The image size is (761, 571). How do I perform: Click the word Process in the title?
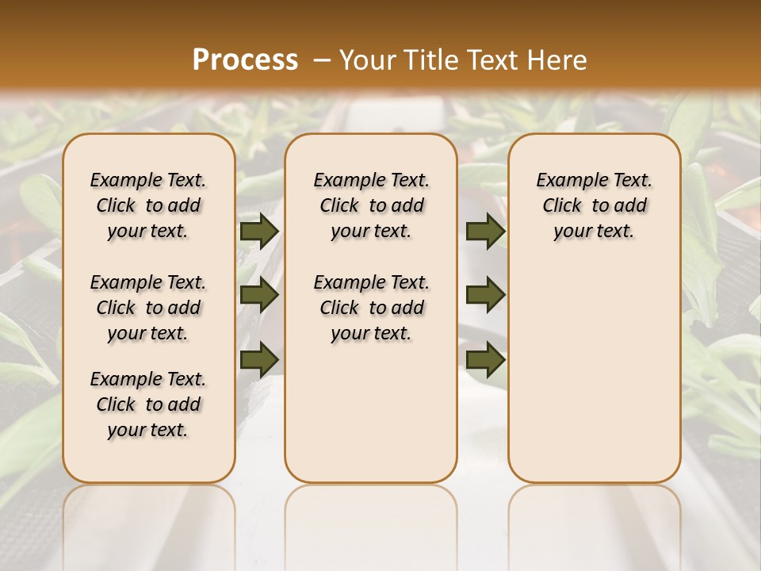(245, 59)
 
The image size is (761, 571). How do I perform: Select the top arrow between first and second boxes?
(258, 232)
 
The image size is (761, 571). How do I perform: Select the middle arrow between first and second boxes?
(258, 296)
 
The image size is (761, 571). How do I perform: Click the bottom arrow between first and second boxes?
(258, 359)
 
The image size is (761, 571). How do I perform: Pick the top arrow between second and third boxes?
(485, 232)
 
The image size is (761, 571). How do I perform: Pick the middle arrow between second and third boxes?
(485, 296)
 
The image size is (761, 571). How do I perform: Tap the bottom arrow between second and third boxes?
(485, 359)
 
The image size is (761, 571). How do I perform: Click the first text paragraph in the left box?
(148, 205)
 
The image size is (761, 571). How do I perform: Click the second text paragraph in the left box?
(148, 308)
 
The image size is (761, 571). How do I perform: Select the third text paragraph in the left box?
(148, 404)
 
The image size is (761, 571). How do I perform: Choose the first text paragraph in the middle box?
(372, 205)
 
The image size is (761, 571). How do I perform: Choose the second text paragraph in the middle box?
(372, 308)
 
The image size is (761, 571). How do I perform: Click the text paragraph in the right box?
(595, 205)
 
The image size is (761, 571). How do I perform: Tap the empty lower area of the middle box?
(372, 412)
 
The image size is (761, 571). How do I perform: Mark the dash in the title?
(322, 59)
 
